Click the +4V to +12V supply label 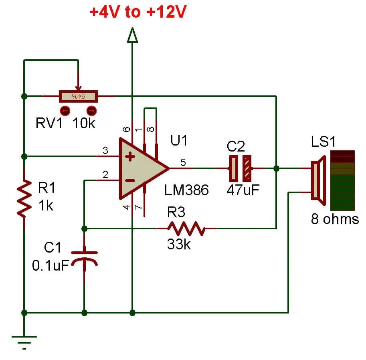coord(138,12)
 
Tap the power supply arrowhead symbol coord(132,36)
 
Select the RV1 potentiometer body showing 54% coord(78,96)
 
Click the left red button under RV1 coord(65,110)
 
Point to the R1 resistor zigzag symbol coord(24,198)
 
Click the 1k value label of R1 coord(46,205)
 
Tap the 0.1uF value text coord(51,265)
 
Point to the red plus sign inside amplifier coord(130,157)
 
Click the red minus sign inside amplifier coord(130,181)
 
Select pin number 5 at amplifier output coord(183,162)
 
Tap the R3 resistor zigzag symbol coord(186,229)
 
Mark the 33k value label coord(179,244)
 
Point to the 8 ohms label coord(335,219)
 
